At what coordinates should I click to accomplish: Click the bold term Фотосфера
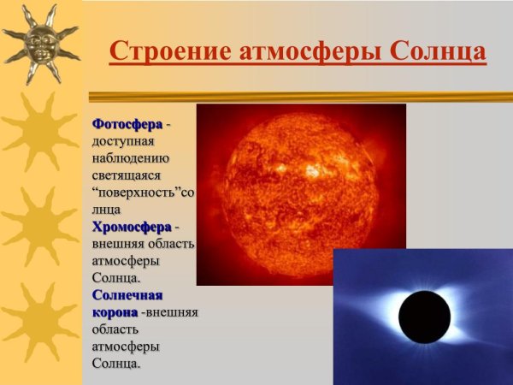tap(127, 124)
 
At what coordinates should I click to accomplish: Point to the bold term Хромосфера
tap(132, 227)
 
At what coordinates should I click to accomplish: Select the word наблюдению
tap(132, 158)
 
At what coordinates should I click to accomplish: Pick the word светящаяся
tap(131, 175)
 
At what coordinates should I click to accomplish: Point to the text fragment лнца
tap(106, 210)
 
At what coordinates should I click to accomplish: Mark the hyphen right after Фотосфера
tap(168, 126)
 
